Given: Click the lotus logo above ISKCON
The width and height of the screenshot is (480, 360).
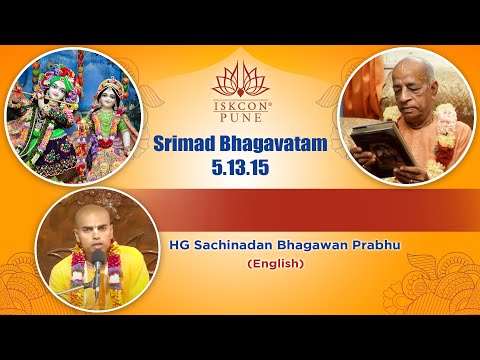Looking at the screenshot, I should coord(240,77).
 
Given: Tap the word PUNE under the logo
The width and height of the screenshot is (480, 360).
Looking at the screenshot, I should coord(240,115).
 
